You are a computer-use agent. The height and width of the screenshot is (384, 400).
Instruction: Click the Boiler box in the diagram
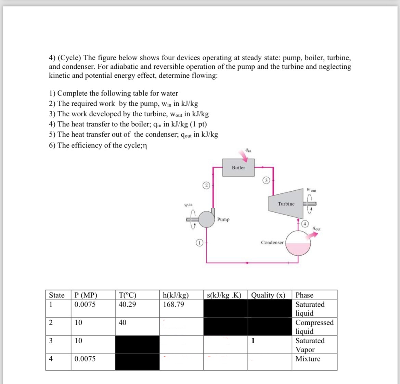click(238, 167)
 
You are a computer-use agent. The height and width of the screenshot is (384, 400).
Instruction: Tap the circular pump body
click(206, 219)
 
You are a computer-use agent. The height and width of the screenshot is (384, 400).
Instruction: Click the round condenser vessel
click(298, 243)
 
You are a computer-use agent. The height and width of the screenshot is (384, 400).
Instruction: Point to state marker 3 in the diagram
click(267, 180)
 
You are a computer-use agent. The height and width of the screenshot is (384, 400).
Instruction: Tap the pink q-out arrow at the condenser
click(313, 236)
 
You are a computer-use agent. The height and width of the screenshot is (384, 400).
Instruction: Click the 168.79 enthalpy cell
click(173, 304)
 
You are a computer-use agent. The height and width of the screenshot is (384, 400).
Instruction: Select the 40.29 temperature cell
click(127, 304)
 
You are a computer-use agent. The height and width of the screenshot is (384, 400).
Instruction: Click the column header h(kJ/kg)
click(176, 295)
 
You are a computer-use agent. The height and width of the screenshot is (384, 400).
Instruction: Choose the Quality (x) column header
click(268, 295)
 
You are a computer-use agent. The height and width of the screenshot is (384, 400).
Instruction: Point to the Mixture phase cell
click(308, 359)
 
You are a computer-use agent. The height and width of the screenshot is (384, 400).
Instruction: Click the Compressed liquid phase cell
click(314, 327)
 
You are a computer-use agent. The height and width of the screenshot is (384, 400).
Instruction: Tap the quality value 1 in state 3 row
click(253, 341)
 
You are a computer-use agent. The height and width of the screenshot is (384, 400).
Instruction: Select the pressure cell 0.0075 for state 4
click(85, 359)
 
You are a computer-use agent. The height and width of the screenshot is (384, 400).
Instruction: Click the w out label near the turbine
click(312, 190)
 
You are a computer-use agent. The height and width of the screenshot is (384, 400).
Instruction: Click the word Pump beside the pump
click(223, 219)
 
